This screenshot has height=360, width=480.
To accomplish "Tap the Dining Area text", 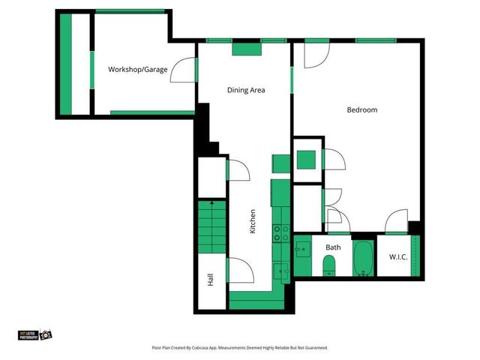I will [x=246, y=90].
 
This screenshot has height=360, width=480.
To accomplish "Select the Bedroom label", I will [x=361, y=110].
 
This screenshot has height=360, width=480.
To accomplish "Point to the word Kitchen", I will [x=253, y=221].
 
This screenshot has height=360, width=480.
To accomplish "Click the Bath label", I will [x=333, y=247].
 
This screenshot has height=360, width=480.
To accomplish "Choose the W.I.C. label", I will [x=397, y=257].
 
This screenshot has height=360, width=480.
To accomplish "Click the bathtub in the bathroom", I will [x=364, y=258].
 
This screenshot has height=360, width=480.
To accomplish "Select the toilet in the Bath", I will [x=328, y=265].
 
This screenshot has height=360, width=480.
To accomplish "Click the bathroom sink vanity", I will [x=303, y=248].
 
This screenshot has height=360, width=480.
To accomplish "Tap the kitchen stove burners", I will [x=280, y=233].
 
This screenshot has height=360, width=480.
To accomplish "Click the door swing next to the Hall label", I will [x=238, y=268].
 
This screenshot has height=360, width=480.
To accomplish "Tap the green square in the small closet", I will [x=306, y=160].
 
